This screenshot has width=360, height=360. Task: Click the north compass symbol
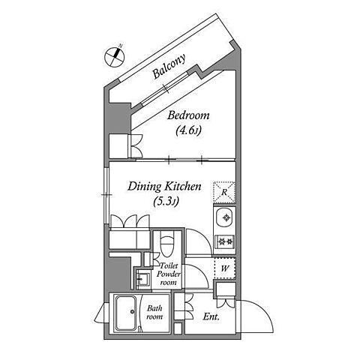click(x=115, y=57)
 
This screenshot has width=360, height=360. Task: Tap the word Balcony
click(x=169, y=66)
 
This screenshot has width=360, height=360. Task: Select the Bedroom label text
click(x=188, y=115)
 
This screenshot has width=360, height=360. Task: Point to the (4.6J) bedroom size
click(x=188, y=130)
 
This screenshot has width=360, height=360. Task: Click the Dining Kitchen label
click(x=164, y=187)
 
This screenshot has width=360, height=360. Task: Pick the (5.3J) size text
click(x=166, y=201)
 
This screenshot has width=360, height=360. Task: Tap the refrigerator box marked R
click(x=224, y=192)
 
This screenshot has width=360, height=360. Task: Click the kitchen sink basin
click(x=224, y=217)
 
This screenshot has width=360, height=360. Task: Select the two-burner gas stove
click(x=225, y=241)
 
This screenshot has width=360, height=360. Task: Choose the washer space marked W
click(x=225, y=268)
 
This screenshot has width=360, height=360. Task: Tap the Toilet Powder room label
click(x=168, y=274)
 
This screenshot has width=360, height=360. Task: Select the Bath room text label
click(x=154, y=313)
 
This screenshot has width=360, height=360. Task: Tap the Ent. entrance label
click(x=211, y=317)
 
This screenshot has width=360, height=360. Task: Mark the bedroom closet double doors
click(x=136, y=146)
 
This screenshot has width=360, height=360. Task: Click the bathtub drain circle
click(x=132, y=311)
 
